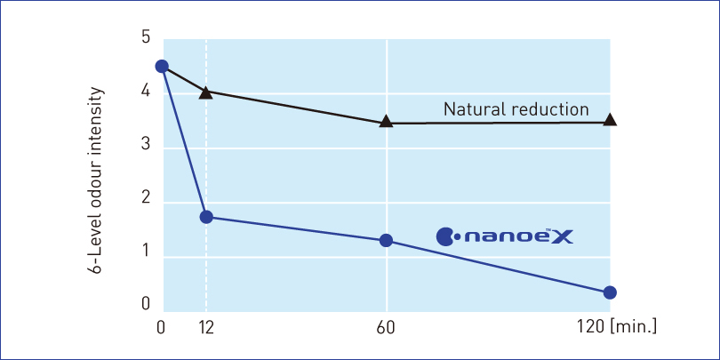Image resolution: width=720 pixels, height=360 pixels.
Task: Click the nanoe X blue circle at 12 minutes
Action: (x=206, y=217)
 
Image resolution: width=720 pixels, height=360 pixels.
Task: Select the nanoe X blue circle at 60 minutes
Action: (x=386, y=241)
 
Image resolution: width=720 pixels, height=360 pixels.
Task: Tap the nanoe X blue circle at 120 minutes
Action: (x=610, y=292)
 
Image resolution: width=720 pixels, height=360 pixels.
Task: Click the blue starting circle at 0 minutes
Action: (x=161, y=66)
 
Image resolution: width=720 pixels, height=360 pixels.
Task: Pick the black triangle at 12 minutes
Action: (x=206, y=92)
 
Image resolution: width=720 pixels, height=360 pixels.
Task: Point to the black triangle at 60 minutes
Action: (x=386, y=122)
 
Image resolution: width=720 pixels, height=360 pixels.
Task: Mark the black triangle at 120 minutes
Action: (x=610, y=120)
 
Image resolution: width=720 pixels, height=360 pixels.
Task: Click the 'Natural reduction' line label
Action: (x=516, y=109)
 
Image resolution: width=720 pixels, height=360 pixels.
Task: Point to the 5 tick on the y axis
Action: (x=146, y=38)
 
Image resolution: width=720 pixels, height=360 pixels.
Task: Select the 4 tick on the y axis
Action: (x=146, y=93)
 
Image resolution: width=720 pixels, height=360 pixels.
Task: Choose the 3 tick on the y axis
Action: (x=146, y=148)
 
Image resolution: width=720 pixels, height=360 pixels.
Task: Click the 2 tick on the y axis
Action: (x=146, y=203)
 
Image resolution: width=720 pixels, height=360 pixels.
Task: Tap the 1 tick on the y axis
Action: (x=146, y=258)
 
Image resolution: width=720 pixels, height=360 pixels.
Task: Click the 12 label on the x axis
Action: (x=206, y=328)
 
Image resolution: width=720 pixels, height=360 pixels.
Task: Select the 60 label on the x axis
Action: (x=387, y=328)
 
